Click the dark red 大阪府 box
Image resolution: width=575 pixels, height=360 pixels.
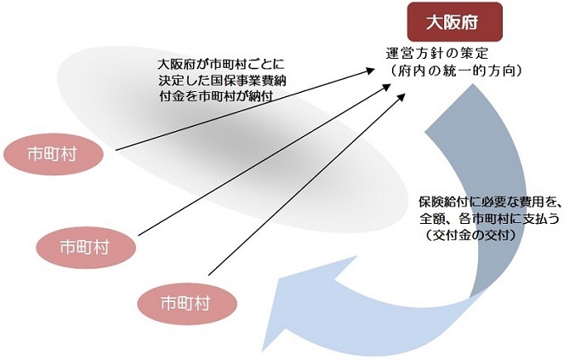(455, 22)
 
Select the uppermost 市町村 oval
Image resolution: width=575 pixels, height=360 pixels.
(53, 154)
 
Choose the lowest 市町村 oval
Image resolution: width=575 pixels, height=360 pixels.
(187, 304)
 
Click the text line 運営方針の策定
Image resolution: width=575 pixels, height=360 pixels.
(437, 54)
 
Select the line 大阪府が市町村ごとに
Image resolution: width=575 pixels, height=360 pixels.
(221, 65)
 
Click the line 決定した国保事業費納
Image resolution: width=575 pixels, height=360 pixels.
(222, 80)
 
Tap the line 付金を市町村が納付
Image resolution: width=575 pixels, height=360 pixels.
(216, 96)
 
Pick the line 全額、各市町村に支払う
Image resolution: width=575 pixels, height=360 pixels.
(490, 219)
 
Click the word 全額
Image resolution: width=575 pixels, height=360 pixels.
(432, 219)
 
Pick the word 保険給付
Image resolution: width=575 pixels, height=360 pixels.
(443, 202)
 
